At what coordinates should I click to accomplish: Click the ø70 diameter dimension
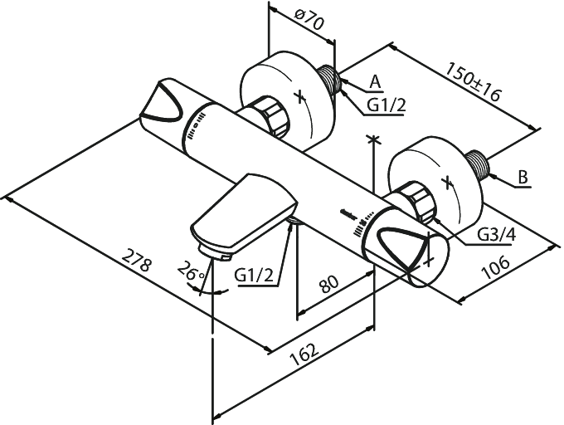[x=309, y=19]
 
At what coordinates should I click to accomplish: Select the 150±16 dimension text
[x=473, y=81]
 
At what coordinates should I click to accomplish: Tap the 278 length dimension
[x=136, y=260]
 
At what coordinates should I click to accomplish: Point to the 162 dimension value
[x=304, y=354]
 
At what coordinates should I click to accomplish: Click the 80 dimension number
[x=328, y=284]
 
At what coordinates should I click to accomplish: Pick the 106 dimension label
[x=496, y=267]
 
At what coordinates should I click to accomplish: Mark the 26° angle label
[x=191, y=271]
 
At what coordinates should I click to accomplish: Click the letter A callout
[x=375, y=82]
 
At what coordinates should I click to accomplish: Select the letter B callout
[x=523, y=177]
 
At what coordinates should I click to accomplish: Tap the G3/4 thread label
[x=497, y=235]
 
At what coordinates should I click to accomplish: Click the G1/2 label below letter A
[x=387, y=105]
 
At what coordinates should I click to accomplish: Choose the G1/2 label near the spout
[x=254, y=276]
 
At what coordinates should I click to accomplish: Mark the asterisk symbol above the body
[x=374, y=139]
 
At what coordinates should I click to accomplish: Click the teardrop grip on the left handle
[x=162, y=101]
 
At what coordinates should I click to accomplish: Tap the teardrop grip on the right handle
[x=404, y=247]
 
